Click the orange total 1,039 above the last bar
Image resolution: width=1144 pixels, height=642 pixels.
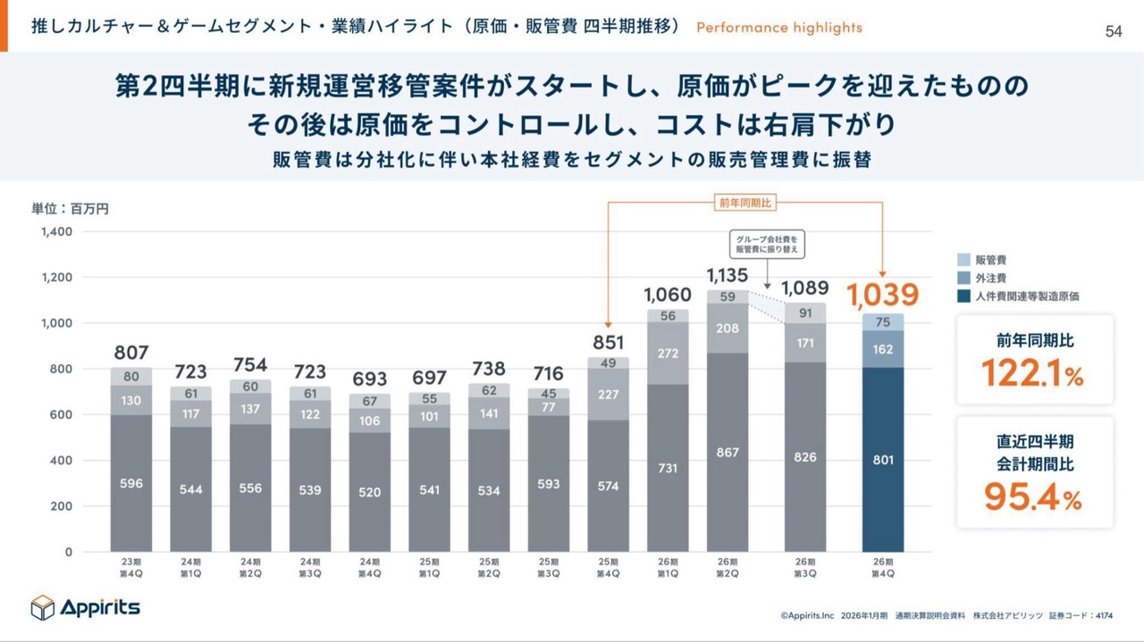click(x=882, y=294)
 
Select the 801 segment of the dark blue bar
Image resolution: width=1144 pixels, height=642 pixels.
click(x=882, y=460)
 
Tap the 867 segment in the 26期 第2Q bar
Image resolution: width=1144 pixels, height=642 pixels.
click(x=728, y=453)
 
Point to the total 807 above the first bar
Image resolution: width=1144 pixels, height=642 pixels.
click(x=130, y=352)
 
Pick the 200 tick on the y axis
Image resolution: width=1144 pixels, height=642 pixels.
click(x=60, y=506)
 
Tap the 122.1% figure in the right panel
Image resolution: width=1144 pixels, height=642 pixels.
click(x=1033, y=373)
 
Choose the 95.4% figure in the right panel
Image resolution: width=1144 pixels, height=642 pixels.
click(x=1033, y=497)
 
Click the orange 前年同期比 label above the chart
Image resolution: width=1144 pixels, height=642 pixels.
click(x=745, y=203)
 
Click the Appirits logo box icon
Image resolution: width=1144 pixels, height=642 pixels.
click(x=43, y=607)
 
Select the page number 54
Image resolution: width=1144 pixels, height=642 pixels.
click(x=1114, y=32)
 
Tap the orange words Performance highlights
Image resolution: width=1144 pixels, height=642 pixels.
click(x=778, y=28)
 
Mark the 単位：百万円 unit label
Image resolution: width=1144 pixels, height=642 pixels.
click(x=71, y=209)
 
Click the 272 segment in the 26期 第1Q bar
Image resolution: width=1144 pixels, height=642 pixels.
click(x=668, y=353)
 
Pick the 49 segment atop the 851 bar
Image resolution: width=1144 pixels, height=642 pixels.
click(x=608, y=363)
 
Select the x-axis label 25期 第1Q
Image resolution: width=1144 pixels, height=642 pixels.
click(x=429, y=567)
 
